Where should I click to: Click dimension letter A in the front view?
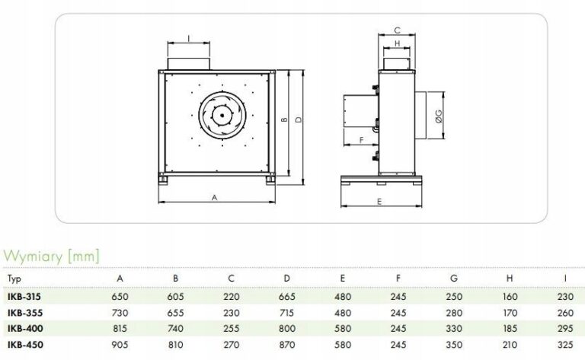point(215,197)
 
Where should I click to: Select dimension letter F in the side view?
point(360,141)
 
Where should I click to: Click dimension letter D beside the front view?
point(300,120)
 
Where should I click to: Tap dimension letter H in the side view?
point(398,43)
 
